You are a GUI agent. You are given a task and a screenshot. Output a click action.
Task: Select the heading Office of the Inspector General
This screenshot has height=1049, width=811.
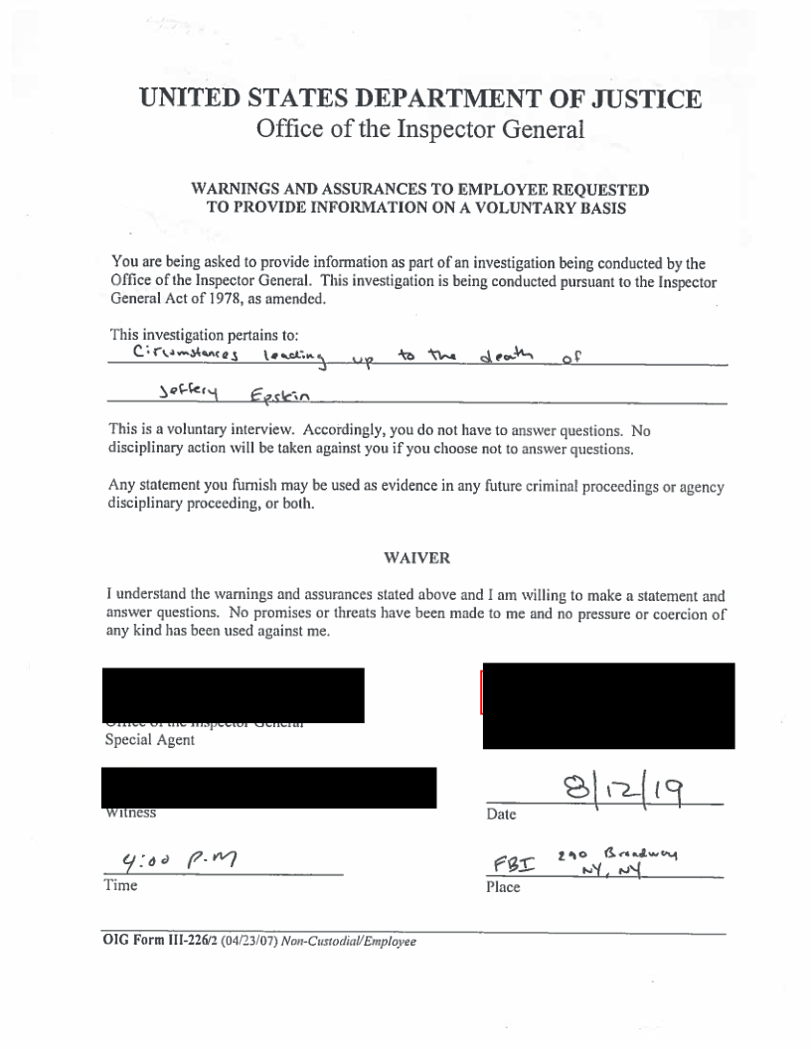coord(420,129)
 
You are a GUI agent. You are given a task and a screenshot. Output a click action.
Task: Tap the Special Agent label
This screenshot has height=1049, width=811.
coord(150,740)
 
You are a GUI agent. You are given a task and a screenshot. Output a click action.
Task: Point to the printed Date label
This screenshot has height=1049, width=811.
coord(501,815)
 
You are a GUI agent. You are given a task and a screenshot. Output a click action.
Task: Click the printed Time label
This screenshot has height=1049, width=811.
coord(121,886)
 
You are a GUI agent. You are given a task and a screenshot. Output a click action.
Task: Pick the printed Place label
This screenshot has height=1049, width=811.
coord(503,887)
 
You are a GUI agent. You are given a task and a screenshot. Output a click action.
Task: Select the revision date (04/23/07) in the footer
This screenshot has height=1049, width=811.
coord(242,942)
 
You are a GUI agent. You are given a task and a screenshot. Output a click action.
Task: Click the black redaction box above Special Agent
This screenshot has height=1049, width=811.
coord(233,694)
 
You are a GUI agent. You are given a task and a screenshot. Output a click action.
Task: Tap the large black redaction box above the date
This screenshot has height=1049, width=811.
coord(608,705)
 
